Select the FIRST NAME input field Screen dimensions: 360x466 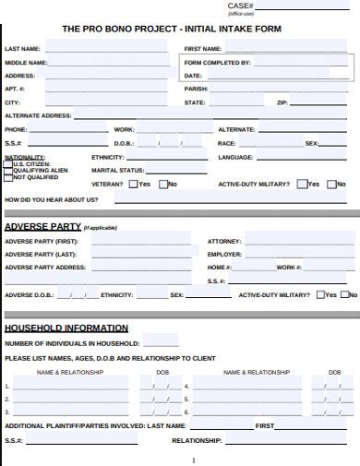pos(286,48)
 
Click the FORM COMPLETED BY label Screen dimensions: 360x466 pos(218,62)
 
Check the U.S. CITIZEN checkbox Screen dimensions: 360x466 pos(9,163)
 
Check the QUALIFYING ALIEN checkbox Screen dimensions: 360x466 pos(9,171)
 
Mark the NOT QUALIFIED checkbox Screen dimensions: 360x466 pos(9,177)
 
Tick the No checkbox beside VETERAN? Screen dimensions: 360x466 pos(162,184)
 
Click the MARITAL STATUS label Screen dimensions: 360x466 pos(118,171)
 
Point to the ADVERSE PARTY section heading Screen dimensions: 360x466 pos(42,226)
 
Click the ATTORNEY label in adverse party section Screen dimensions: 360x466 pos(224,241)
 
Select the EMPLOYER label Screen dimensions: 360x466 pos(225,254)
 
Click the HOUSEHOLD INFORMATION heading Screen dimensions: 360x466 pos(66,329)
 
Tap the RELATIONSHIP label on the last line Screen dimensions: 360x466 pos(197,440)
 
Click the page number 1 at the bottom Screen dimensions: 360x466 pos(193,460)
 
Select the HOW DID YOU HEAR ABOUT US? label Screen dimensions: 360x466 pos(52,199)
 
